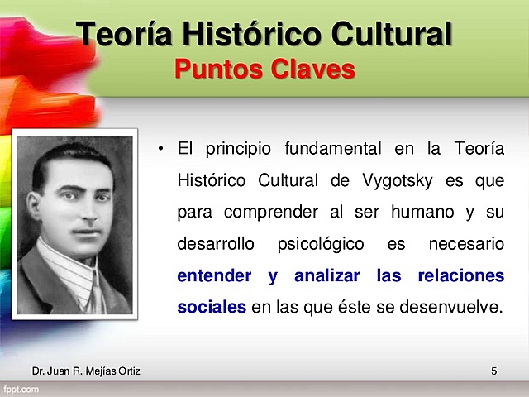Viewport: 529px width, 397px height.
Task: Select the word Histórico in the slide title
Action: pos(248,34)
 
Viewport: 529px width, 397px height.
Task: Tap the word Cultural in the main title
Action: pos(390,34)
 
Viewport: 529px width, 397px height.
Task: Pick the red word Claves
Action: pos(312,69)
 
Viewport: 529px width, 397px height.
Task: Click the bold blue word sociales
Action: pos(212,307)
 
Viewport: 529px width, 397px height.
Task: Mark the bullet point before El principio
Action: pos(162,149)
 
